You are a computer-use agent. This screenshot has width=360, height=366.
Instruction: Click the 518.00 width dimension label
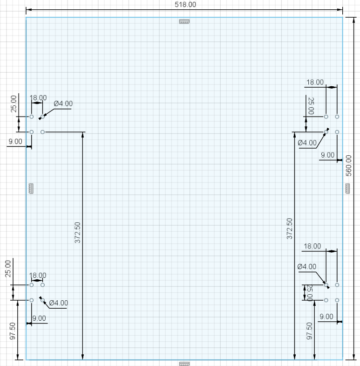pos(185,5)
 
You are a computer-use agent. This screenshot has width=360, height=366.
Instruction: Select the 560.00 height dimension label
pos(348,166)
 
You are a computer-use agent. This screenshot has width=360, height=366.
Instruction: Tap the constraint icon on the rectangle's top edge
pos(184,21)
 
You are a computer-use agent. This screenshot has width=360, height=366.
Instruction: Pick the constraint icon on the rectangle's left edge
pos(31,188)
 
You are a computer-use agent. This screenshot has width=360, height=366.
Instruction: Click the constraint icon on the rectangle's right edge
pos(347,188)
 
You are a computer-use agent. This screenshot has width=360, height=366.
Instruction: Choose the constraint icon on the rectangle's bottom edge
pos(184,364)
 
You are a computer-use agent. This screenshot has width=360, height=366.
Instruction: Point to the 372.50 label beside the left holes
pos(77,233)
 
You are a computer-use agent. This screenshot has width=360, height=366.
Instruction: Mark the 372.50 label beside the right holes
pos(289,228)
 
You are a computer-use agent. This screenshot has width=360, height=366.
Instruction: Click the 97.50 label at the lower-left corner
pos(13,331)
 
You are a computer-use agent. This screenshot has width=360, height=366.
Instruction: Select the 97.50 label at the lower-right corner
pos(309,331)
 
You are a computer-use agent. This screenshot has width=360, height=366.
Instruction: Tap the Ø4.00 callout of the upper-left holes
pos(63,104)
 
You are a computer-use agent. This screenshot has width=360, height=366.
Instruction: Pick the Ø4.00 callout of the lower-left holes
pos(59,303)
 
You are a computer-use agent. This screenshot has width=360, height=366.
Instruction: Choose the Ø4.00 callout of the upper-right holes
pos(307,143)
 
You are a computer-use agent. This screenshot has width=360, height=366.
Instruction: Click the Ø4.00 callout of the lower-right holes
pos(307,267)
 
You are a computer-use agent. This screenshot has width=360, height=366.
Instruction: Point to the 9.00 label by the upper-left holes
pos(15,141)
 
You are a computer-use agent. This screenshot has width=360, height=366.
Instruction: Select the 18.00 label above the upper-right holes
pos(315,82)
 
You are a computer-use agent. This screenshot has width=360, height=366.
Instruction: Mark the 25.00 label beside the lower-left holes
pos(8,269)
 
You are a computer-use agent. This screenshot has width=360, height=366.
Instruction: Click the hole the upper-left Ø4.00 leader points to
pos(42,117)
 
